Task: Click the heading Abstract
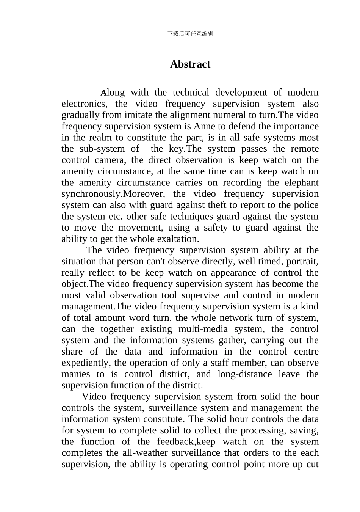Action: click(x=190, y=64)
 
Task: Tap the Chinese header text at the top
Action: click(x=190, y=34)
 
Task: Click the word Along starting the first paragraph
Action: click(x=113, y=93)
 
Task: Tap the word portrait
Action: click(x=302, y=261)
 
